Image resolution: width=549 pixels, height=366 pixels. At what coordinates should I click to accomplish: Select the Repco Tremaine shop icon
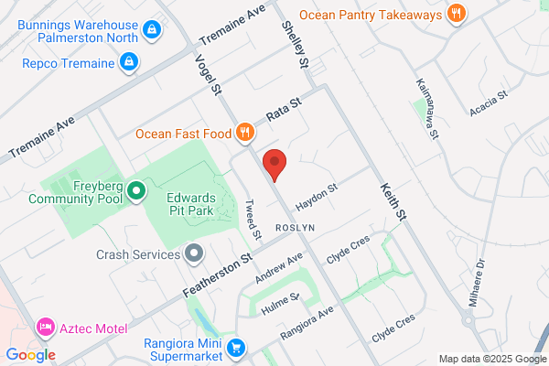pos(130,62)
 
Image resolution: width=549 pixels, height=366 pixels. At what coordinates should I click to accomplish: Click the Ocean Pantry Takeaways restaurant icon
pos(456,13)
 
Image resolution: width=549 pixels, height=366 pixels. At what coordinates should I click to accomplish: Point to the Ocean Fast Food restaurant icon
pos(244,134)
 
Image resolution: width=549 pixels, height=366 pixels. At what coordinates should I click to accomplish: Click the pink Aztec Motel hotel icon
pos(43,327)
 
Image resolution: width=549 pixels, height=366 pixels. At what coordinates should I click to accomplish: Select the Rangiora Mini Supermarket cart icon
pos(236,347)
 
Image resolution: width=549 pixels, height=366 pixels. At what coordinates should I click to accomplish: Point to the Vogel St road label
pos(209,72)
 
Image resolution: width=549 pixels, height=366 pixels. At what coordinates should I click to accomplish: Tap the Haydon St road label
pos(320,193)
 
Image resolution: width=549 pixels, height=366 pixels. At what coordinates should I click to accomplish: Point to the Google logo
pos(30,355)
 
